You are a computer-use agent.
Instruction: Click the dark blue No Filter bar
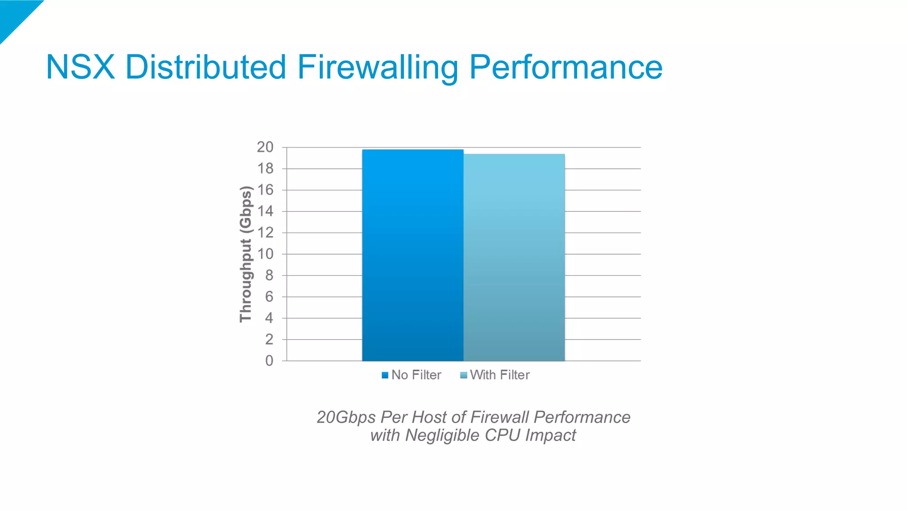(413, 255)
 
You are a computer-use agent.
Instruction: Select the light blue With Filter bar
(514, 257)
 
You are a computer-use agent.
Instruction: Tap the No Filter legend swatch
(385, 375)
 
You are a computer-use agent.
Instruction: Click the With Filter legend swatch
(464, 375)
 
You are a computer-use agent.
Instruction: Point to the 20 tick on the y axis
(265, 147)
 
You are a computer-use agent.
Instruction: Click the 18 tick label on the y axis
(265, 168)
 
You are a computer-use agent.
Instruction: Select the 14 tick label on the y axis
(265, 211)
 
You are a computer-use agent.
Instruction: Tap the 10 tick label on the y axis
(265, 254)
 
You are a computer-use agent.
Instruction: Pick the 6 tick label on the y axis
(269, 297)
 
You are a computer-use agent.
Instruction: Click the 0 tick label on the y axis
(269, 361)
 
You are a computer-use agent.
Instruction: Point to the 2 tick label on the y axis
(269, 339)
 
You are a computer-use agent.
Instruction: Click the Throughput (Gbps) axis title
(246, 254)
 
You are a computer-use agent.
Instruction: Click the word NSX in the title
(80, 67)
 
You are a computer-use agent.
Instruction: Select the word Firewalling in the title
(377, 67)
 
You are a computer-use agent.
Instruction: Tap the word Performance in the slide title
(566, 67)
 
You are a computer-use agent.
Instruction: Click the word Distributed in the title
(205, 67)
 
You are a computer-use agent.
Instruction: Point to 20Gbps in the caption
(346, 417)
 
